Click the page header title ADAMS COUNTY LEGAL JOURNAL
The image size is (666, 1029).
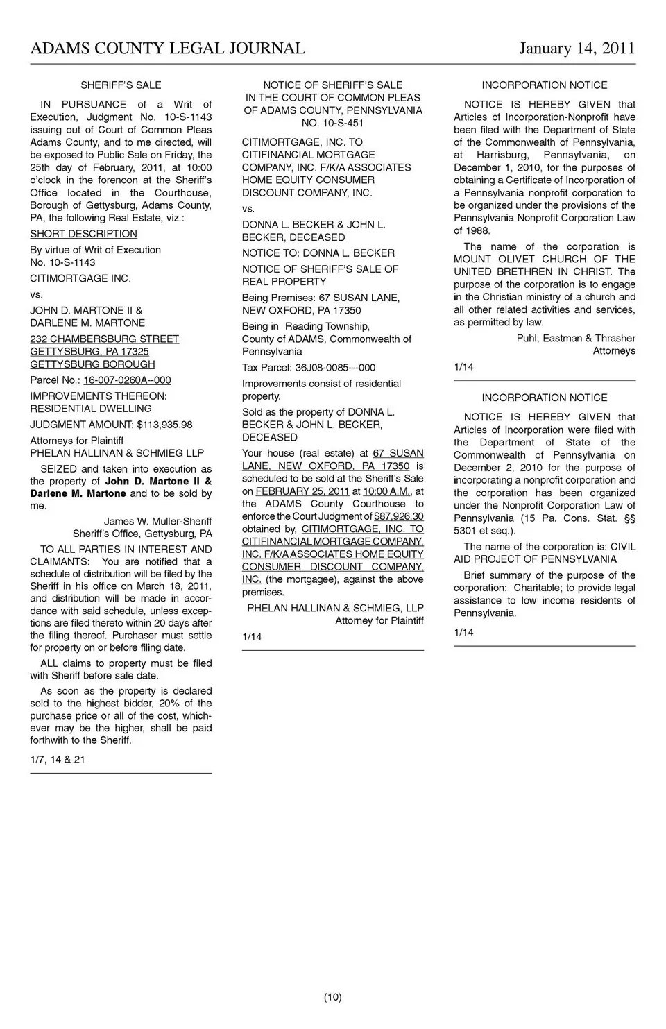click(167, 48)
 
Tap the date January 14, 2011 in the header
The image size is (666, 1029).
click(577, 48)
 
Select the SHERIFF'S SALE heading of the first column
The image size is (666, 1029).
click(121, 85)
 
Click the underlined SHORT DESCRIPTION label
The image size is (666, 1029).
click(83, 234)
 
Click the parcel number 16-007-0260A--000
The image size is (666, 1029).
click(127, 380)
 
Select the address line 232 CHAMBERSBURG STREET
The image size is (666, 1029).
click(104, 339)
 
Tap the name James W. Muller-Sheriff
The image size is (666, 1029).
click(157, 521)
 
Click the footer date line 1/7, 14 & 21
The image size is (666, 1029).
click(58, 759)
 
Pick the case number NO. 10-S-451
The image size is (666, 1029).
click(332, 123)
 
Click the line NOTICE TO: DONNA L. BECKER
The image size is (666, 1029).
click(318, 253)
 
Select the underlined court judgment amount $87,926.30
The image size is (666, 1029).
click(398, 516)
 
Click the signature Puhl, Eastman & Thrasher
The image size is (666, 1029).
click(576, 339)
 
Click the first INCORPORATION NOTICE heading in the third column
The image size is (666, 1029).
click(544, 85)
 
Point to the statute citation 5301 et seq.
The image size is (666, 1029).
click(484, 531)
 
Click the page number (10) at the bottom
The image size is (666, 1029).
click(332, 998)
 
